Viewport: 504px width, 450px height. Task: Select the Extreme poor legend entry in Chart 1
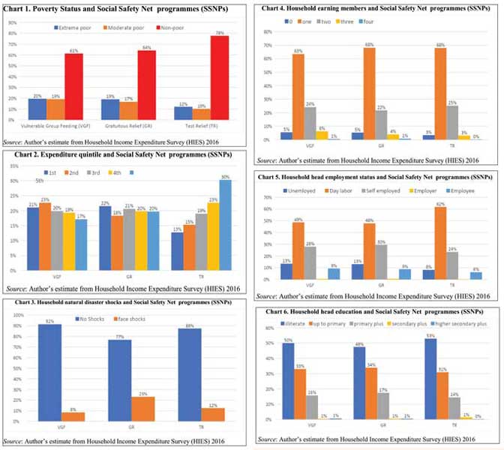[72, 28]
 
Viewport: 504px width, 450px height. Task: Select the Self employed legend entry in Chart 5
[374, 190]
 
